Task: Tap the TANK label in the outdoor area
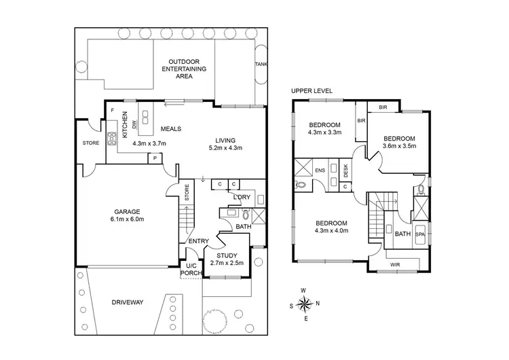point(261,65)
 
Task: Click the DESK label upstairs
point(345,170)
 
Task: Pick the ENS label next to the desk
point(320,170)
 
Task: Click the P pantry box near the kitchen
point(155,158)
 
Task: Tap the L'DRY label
point(242,197)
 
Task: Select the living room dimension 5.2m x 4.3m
point(226,147)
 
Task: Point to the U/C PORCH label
point(191,270)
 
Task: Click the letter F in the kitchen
point(112,110)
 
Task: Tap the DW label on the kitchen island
point(135,124)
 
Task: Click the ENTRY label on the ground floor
point(198,241)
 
